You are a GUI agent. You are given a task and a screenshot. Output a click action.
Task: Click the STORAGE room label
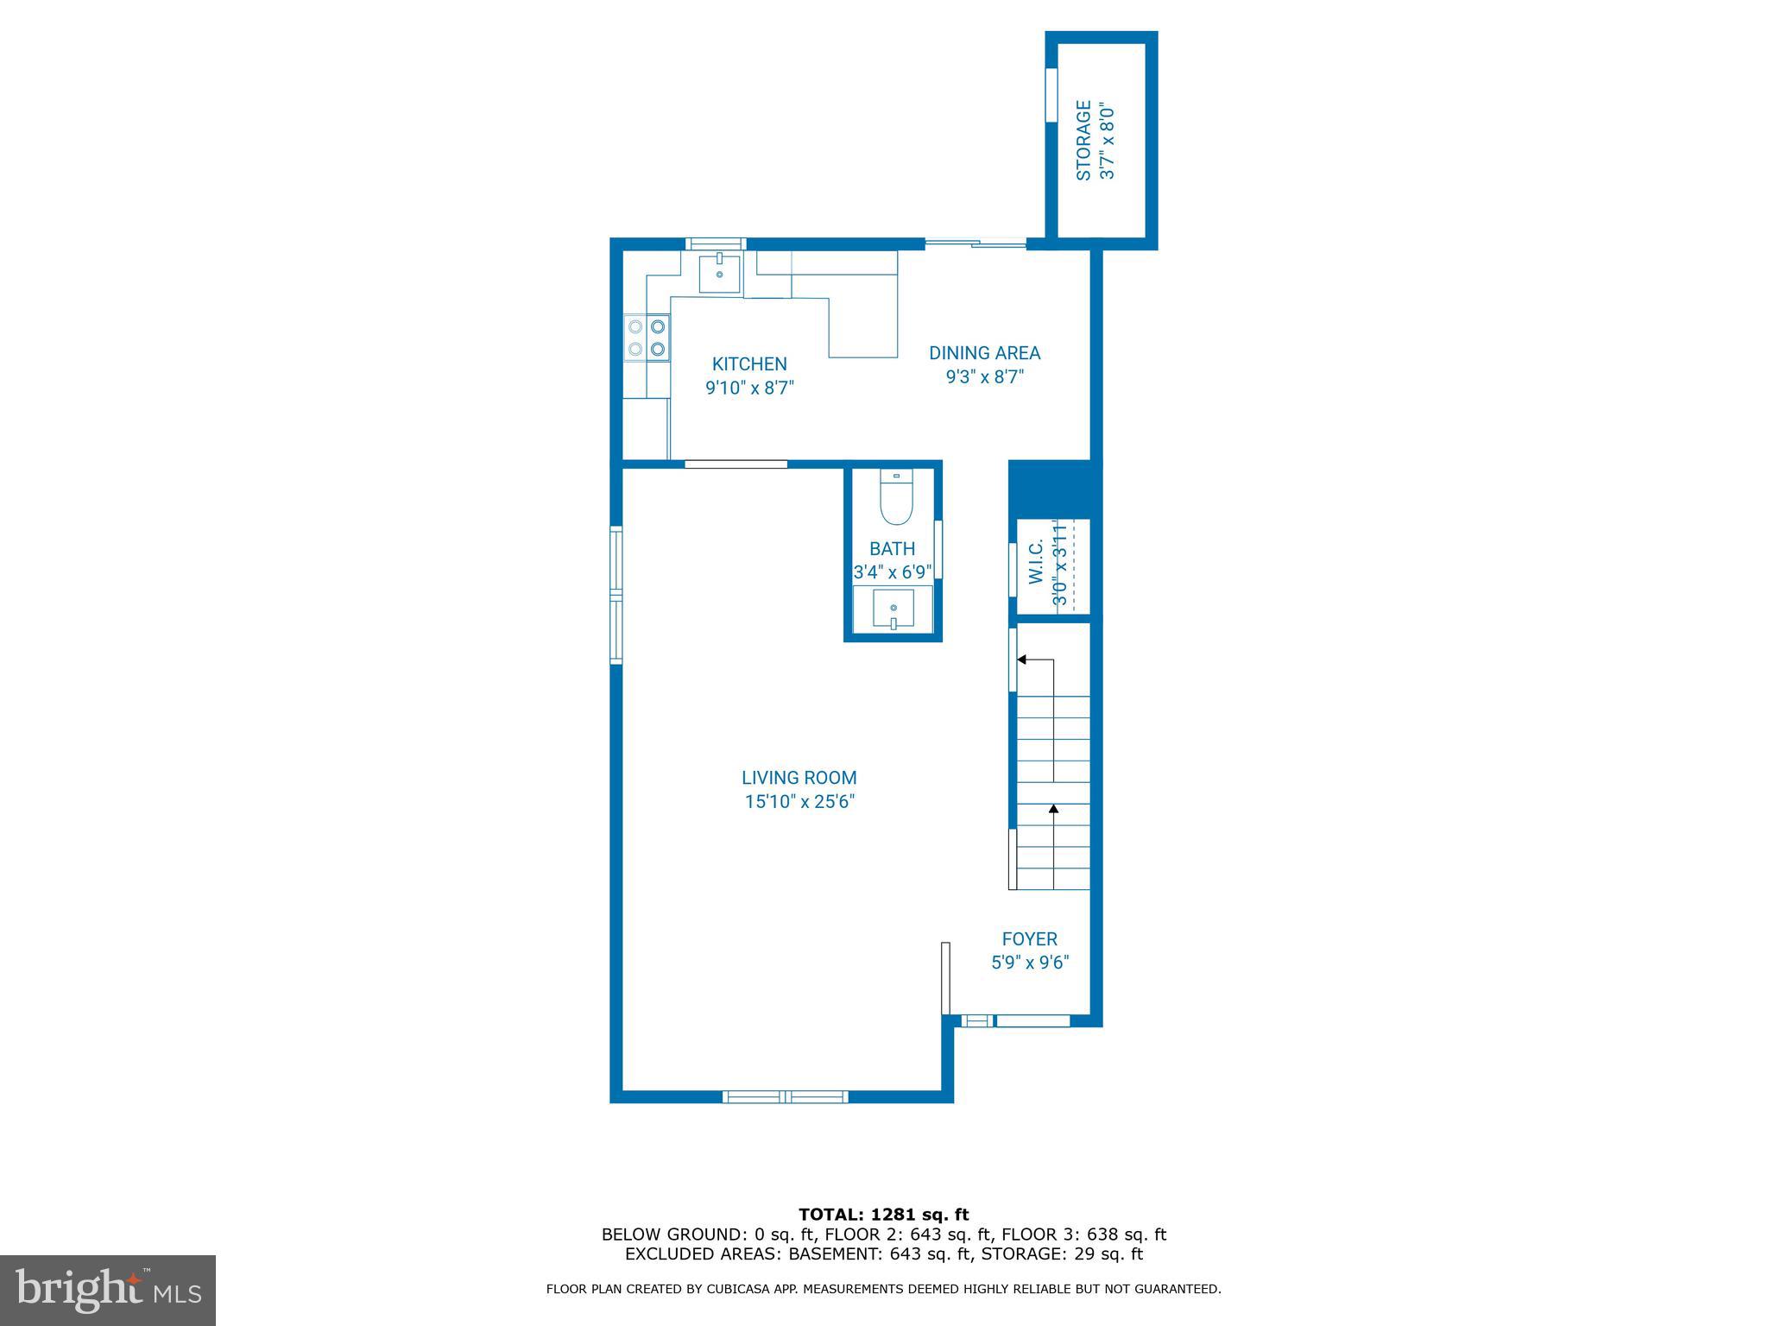1083,141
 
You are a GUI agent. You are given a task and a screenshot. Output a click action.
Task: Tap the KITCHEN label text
749,364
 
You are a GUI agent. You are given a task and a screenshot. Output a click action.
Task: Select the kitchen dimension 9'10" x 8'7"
749,388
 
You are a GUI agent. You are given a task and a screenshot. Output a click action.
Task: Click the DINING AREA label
984,353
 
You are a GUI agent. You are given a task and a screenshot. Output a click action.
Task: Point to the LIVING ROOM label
799,778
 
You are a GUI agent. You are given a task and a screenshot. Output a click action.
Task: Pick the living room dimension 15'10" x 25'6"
799,802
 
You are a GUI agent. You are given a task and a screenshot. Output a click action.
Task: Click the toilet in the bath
896,502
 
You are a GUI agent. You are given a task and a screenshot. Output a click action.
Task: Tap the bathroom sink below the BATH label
893,609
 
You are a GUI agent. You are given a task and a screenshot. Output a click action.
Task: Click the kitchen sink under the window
719,273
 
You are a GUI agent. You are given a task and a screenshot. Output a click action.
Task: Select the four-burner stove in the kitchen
647,338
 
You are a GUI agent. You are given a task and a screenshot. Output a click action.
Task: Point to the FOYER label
1029,939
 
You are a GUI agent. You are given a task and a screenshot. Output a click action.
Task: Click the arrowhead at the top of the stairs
1021,660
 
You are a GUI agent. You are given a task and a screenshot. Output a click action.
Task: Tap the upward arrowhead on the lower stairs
1053,809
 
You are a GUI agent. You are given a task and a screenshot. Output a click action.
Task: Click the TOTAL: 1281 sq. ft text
883,1215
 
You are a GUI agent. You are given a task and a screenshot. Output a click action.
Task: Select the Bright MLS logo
108,1290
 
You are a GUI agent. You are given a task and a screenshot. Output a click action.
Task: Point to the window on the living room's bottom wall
785,1097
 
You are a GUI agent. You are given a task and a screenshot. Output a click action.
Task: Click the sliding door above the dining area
976,244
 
